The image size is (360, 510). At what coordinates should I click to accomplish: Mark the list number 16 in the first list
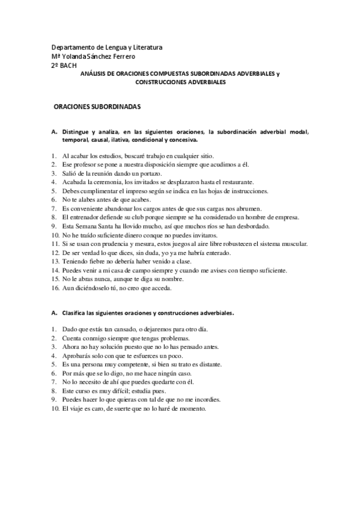(54, 287)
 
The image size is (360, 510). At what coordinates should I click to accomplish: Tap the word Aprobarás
(77, 356)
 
